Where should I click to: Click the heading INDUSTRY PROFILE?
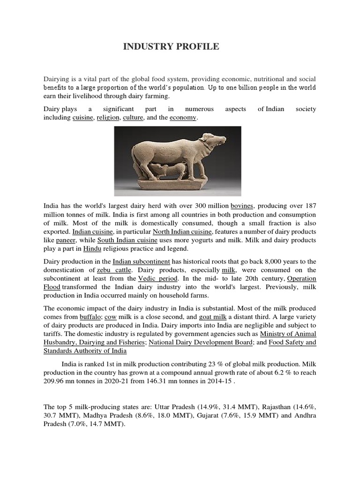point(170,47)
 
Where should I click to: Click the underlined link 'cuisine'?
point(82,117)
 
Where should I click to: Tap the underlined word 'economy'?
point(183,117)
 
